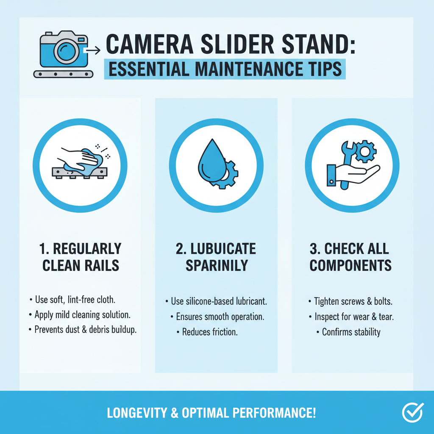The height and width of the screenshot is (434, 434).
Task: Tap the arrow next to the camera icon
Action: (92, 51)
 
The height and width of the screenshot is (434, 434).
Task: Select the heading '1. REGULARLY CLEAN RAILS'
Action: (80, 257)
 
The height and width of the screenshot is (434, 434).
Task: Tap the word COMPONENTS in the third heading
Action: (351, 265)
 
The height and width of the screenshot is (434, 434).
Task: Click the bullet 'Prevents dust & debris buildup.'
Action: (85, 330)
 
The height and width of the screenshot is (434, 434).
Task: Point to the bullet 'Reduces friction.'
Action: (210, 332)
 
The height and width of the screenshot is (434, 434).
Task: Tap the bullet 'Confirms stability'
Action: (351, 332)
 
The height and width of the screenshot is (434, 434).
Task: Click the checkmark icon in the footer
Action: (412, 412)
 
